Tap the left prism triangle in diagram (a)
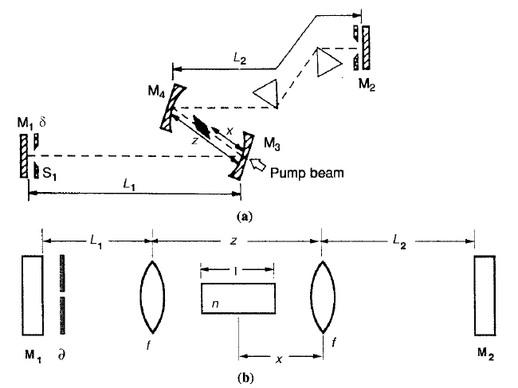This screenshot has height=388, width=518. click(x=265, y=94)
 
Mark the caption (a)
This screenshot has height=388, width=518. click(x=245, y=214)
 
